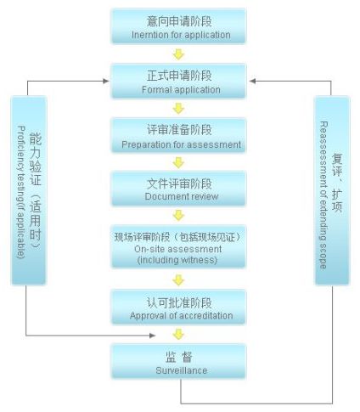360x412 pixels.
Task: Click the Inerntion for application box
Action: [178, 26]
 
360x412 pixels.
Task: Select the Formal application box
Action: [178, 82]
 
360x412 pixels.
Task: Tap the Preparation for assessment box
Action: [178, 135]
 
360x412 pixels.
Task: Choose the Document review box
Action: [178, 189]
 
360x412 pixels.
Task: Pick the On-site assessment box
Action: [178, 247]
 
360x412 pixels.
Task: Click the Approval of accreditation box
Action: [178, 308]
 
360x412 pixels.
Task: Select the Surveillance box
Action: [178, 361]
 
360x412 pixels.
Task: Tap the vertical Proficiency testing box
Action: [29, 190]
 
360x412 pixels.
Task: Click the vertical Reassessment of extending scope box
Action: [332, 190]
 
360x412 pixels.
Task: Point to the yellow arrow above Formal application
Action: [178, 54]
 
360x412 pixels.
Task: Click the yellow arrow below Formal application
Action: [178, 109]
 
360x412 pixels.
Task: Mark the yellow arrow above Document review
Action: [178, 162]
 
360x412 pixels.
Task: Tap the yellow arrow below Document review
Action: [178, 216]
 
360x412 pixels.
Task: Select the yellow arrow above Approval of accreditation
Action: [178, 280]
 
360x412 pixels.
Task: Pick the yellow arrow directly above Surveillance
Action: [178, 335]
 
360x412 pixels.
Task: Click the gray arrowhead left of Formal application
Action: [106, 82]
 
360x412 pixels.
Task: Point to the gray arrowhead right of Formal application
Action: [253, 82]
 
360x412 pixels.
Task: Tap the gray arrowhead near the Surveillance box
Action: [153, 336]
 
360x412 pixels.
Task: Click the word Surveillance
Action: [182, 370]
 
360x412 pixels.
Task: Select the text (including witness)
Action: [177, 260]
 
